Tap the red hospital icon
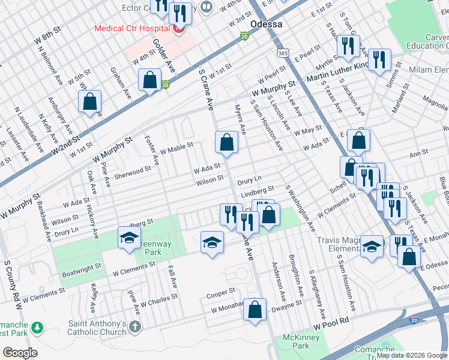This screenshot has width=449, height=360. tap(178, 28)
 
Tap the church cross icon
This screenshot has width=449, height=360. tap(135, 327)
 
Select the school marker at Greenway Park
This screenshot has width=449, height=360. tap(128, 238)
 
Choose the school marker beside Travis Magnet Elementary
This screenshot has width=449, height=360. tap(372, 246)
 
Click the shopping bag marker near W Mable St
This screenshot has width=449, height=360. tap(227, 142)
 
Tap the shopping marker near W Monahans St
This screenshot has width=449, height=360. tap(255, 310)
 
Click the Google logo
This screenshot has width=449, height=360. tap(20, 353)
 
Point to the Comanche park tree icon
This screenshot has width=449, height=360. tap(37, 328)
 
